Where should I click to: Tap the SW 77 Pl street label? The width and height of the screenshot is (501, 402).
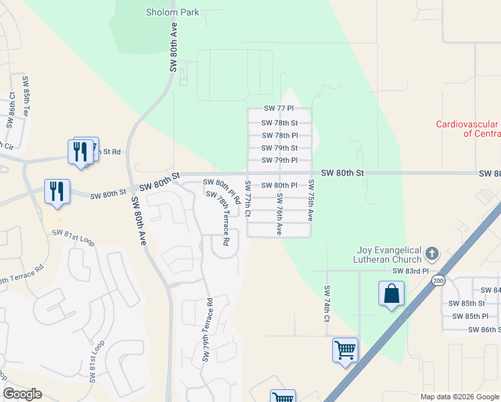pyautogui.click(x=279, y=109)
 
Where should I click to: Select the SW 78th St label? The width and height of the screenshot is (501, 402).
pyautogui.click(x=279, y=123)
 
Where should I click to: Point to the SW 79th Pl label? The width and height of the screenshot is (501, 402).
pyautogui.click(x=279, y=160)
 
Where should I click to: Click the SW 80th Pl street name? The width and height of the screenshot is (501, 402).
pyautogui.click(x=279, y=185)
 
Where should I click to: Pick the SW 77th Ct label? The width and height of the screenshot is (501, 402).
pyautogui.click(x=248, y=198)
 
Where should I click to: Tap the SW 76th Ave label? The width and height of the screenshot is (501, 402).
pyautogui.click(x=279, y=214)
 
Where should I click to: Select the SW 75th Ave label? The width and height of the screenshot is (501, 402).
pyautogui.click(x=311, y=200)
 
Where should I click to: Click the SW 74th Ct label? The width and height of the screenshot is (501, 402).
pyautogui.click(x=327, y=304)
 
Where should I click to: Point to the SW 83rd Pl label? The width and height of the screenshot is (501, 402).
pyautogui.click(x=410, y=271)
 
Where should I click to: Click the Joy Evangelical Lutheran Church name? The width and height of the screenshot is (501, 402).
pyautogui.click(x=389, y=255)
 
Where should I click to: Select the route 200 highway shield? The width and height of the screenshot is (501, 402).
pyautogui.click(x=438, y=280)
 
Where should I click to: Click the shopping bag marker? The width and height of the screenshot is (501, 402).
pyautogui.click(x=391, y=294)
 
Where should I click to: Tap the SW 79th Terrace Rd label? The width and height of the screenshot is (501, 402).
pyautogui.click(x=207, y=330)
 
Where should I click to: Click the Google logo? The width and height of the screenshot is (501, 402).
pyautogui.click(x=22, y=394)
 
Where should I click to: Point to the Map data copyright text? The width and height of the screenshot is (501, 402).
pyautogui.click(x=459, y=397)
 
